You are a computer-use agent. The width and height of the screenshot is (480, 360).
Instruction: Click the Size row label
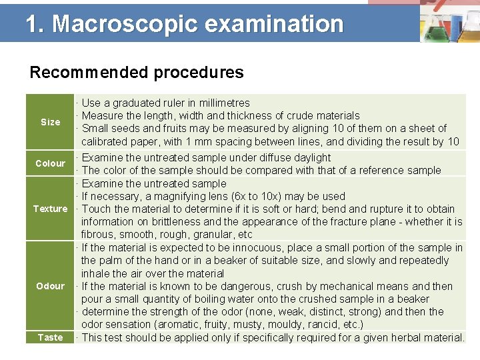[50, 122]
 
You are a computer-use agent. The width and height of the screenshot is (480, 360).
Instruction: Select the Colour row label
[50, 163]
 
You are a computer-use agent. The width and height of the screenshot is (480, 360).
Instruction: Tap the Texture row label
[50, 209]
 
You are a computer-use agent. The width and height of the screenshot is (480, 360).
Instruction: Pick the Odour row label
[50, 286]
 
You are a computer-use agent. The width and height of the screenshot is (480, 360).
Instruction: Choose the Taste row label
[50, 337]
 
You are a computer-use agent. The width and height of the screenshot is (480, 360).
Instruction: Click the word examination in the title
[274, 24]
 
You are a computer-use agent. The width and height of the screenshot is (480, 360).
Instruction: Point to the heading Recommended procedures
[137, 72]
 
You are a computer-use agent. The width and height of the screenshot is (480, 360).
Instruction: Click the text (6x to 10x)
[241, 196]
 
